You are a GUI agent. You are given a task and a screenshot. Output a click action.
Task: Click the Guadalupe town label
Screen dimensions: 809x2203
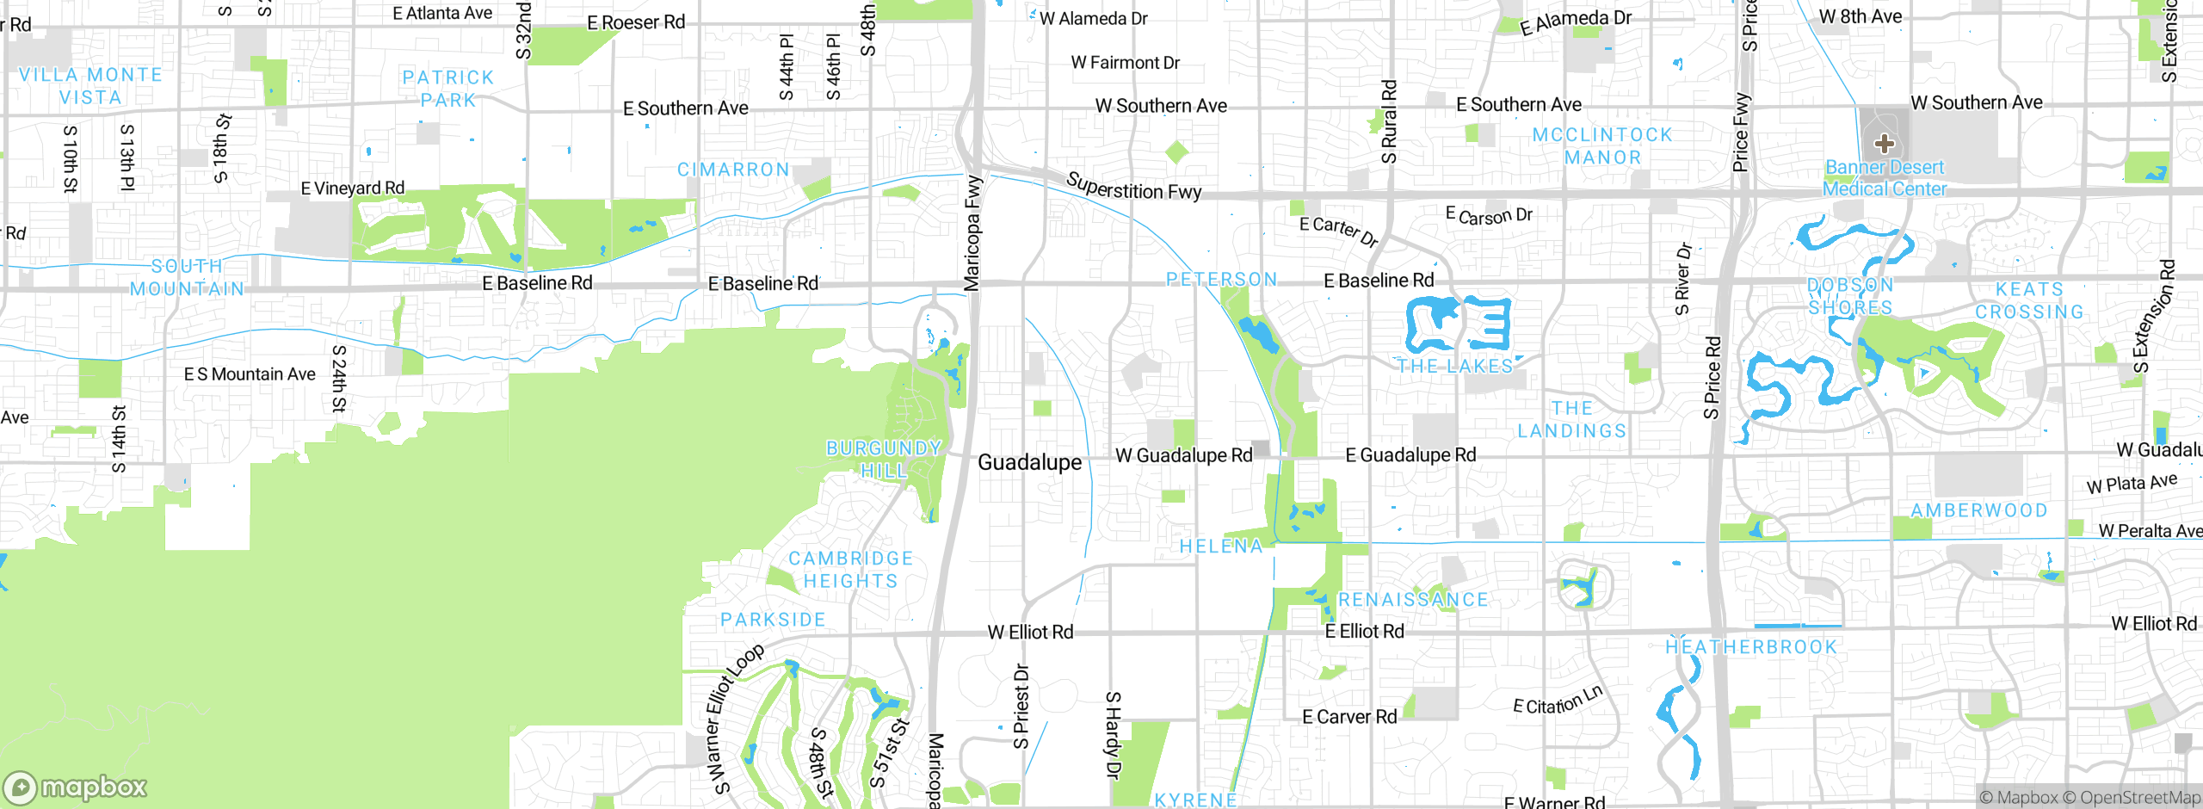click(1029, 463)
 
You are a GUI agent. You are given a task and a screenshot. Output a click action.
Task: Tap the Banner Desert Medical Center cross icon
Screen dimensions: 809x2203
click(1884, 144)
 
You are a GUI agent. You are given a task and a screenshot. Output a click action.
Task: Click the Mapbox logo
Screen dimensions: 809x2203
click(76, 787)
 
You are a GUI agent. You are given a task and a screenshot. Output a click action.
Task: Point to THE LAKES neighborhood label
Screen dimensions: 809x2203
click(1455, 367)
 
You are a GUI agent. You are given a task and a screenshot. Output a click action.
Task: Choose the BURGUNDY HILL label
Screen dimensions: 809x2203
click(884, 460)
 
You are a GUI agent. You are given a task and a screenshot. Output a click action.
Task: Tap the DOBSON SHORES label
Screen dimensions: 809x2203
click(1850, 296)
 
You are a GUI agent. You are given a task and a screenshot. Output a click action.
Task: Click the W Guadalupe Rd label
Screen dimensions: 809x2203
click(1183, 455)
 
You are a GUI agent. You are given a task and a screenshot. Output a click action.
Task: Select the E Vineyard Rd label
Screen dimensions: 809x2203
click(352, 188)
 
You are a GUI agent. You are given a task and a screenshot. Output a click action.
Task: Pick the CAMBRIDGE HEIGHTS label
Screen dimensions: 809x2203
click(851, 570)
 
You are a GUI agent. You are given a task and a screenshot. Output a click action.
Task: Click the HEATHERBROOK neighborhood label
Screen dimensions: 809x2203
click(1751, 647)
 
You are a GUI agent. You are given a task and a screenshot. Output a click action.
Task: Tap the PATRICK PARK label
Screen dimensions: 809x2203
click(448, 89)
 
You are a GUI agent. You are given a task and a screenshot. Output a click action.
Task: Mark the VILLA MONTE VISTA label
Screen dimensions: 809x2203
click(91, 86)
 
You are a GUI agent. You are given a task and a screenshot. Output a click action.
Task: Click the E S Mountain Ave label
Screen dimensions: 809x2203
click(250, 374)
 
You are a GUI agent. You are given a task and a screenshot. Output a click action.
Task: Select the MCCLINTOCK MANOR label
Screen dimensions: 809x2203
click(1602, 146)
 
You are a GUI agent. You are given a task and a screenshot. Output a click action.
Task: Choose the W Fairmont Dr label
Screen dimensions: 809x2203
click(1125, 63)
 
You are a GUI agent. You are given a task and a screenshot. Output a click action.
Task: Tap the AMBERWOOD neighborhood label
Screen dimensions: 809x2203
click(1979, 510)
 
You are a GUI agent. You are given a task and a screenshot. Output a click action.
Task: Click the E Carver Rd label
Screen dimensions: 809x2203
click(1349, 717)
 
